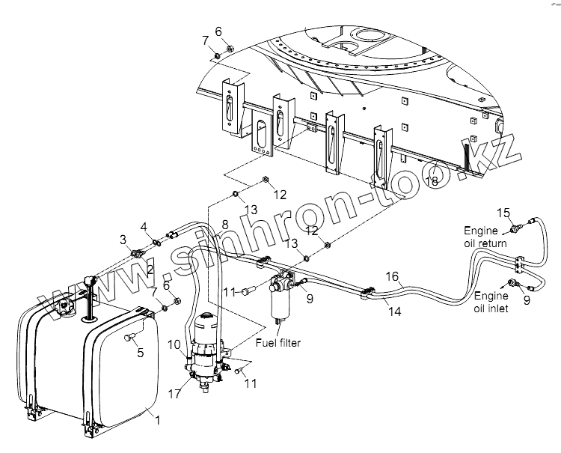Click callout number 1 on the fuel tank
[x=156, y=419]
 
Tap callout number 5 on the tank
[x=140, y=354]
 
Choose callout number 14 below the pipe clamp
[x=394, y=311]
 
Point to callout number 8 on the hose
[x=224, y=225]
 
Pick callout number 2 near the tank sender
[x=150, y=269]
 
